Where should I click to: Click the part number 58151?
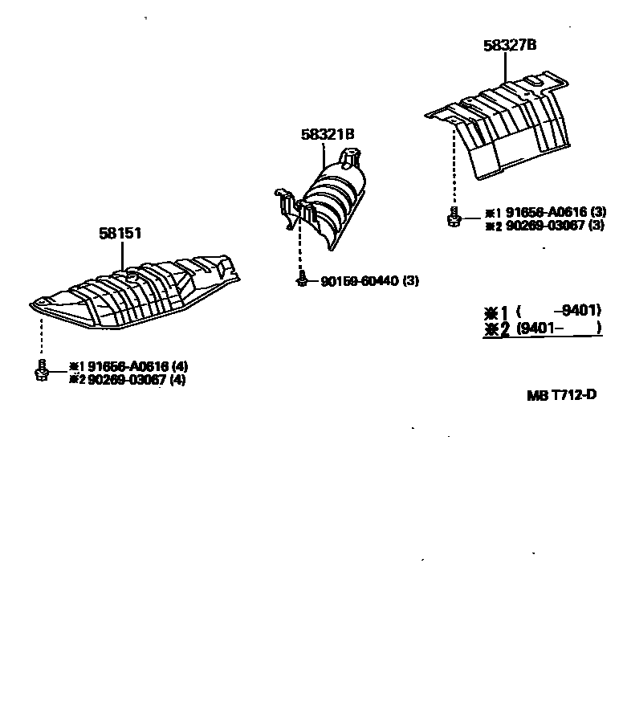[120, 234]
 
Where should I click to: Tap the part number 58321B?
[328, 135]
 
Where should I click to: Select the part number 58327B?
[510, 46]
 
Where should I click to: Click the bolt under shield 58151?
[42, 370]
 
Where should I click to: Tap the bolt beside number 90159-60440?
[302, 279]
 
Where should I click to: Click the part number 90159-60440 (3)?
[369, 281]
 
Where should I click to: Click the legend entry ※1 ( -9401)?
[542, 312]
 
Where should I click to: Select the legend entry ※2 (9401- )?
[542, 328]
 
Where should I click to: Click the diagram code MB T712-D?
[562, 395]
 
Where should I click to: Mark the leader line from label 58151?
[122, 255]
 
